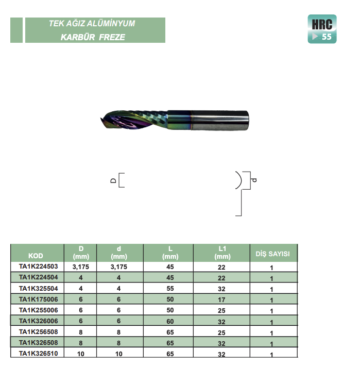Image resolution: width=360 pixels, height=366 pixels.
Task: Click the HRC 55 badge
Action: click(x=322, y=29)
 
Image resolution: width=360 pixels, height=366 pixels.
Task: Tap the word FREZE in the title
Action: click(x=112, y=37)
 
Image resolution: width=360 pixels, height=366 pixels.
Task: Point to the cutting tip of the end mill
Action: click(x=101, y=120)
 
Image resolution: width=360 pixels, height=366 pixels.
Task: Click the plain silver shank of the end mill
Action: click(x=220, y=120)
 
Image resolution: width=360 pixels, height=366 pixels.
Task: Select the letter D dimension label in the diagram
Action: click(x=113, y=180)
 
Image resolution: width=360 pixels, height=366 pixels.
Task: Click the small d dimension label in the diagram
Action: click(x=254, y=180)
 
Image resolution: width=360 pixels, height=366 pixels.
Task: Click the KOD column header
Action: click(x=36, y=256)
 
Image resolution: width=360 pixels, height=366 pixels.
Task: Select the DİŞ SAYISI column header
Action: click(x=272, y=254)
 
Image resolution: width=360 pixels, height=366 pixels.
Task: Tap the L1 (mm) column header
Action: click(x=222, y=253)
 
